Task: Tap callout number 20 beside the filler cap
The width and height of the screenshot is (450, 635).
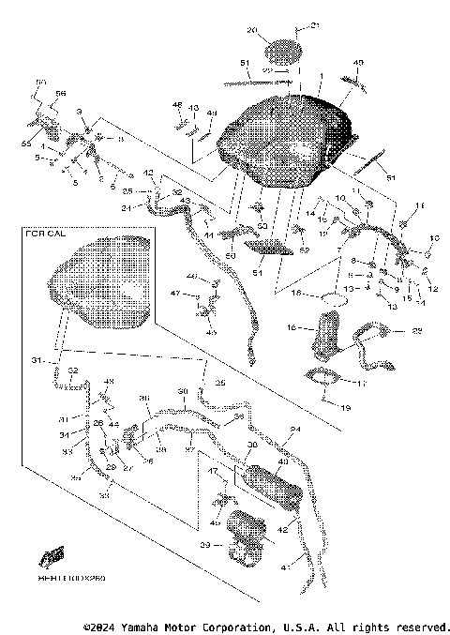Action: click(251, 31)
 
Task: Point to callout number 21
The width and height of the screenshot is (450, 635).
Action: click(315, 25)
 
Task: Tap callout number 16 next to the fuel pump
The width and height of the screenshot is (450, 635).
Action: click(292, 328)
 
